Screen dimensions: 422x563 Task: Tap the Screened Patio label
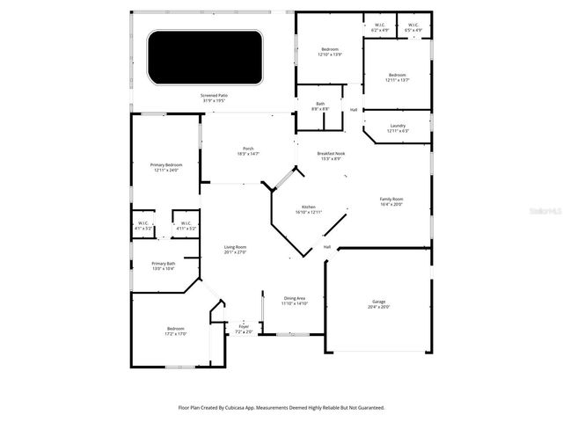pyautogui.click(x=213, y=98)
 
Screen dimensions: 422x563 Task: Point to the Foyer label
pyautogui.click(x=244, y=329)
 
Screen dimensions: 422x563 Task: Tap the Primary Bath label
pyautogui.click(x=163, y=266)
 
